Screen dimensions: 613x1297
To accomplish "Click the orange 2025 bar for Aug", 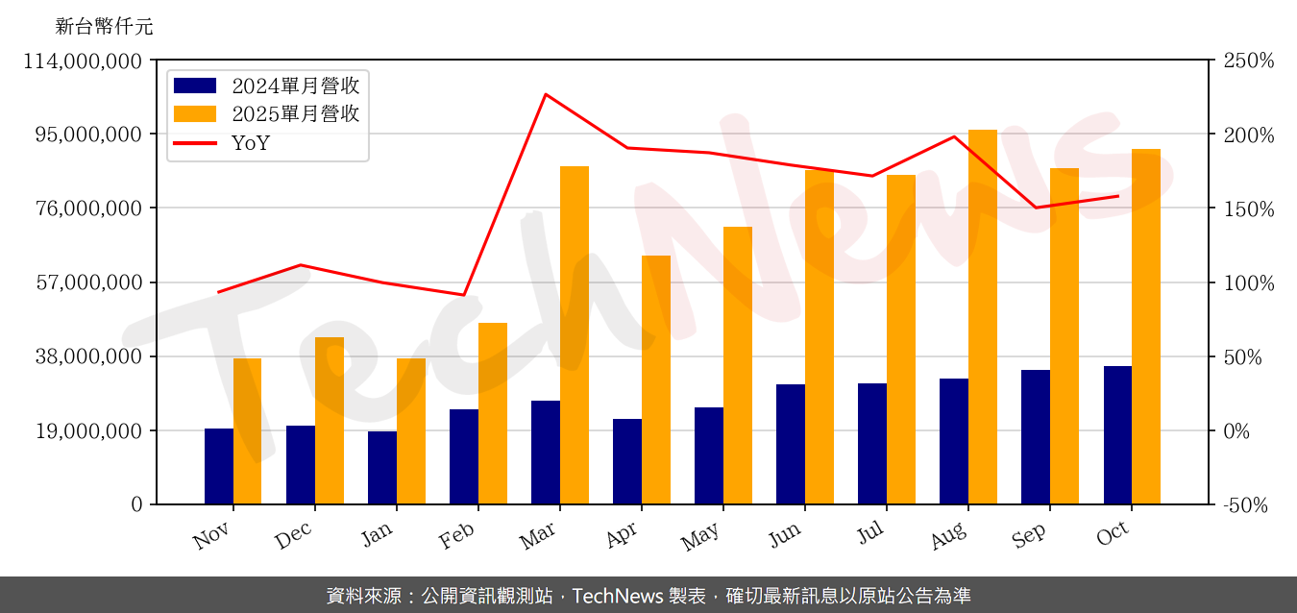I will pyautogui.click(x=982, y=317).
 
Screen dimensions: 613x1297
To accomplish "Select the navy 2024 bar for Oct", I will pyautogui.click(x=1117, y=435).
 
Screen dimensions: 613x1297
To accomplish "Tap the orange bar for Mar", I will pyautogui.click(x=575, y=335).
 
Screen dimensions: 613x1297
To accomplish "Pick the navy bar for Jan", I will pyautogui.click(x=382, y=468).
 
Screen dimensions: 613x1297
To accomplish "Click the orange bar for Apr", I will pyautogui.click(x=656, y=380).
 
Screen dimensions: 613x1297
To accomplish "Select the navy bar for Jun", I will pyautogui.click(x=791, y=444).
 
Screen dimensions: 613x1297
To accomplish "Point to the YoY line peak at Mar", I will pyautogui.click(x=546, y=94).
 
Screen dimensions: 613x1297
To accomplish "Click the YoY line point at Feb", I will pyautogui.click(x=464, y=295).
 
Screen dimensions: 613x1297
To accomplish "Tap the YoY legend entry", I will pyautogui.click(x=251, y=143).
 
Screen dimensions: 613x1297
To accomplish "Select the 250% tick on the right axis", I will pyautogui.click(x=1248, y=61).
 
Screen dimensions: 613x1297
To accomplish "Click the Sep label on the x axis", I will pyautogui.click(x=1029, y=536).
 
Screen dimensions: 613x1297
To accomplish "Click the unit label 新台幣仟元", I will pyautogui.click(x=104, y=26).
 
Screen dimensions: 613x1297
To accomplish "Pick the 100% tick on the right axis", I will pyautogui.click(x=1248, y=282).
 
